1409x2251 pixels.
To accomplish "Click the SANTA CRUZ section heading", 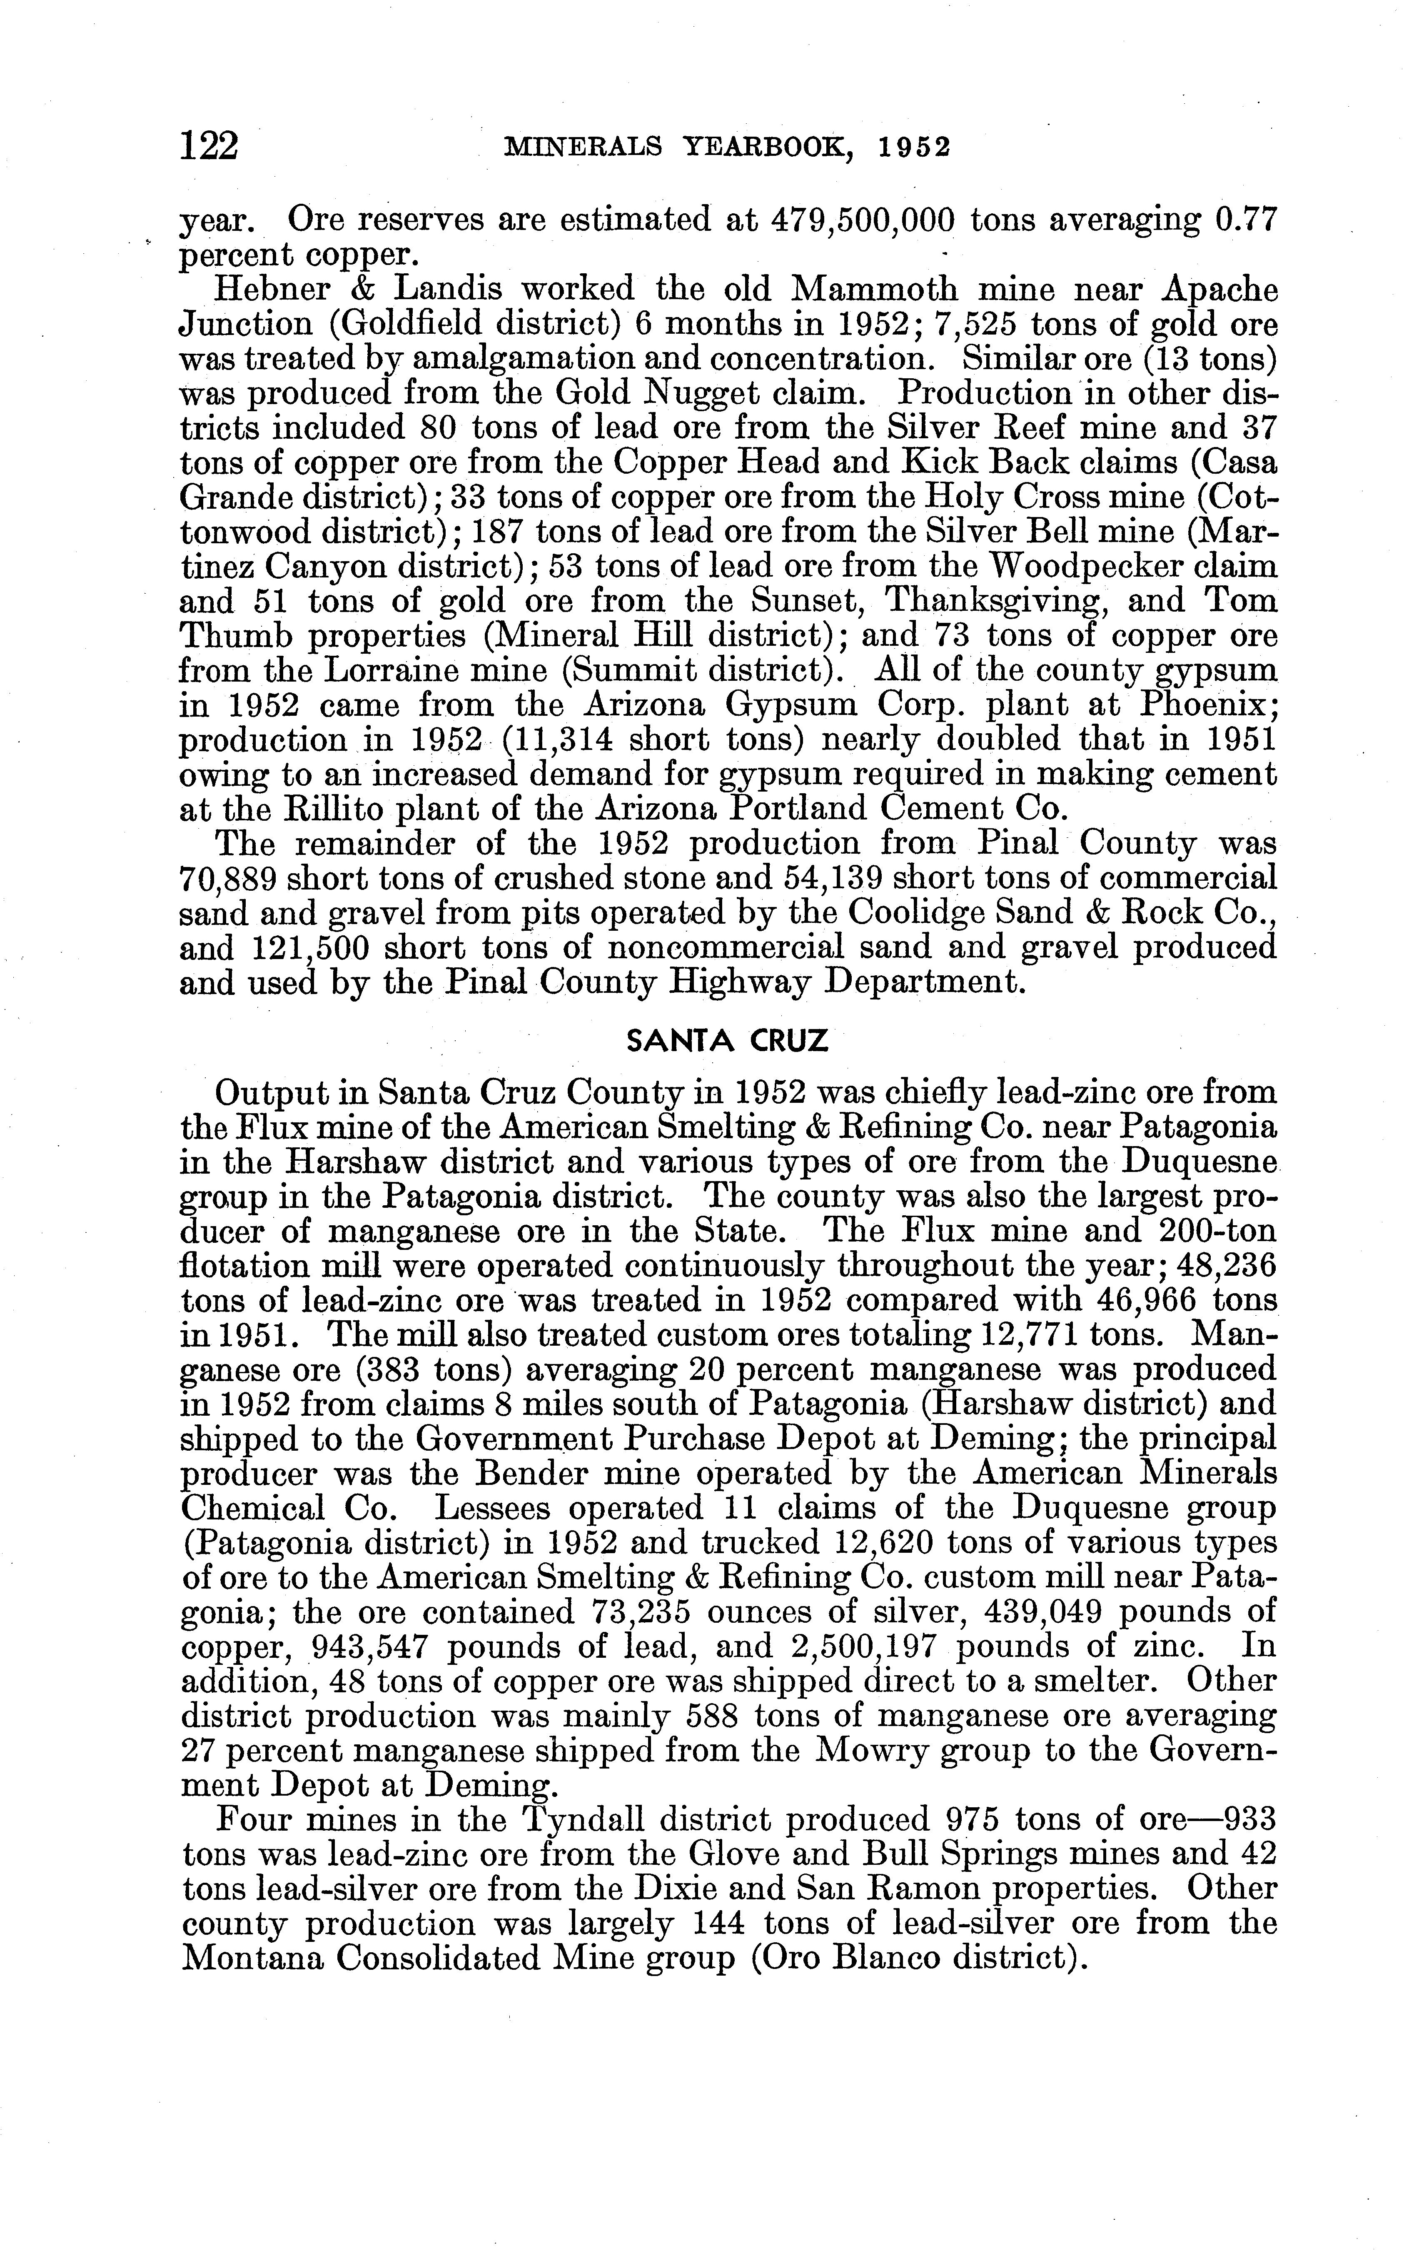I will (727, 1041).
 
